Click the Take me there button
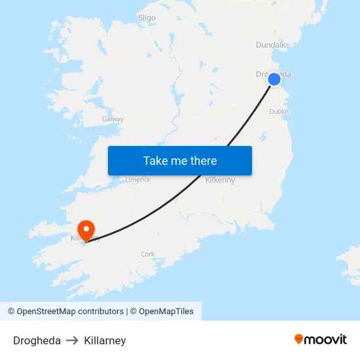click(x=180, y=160)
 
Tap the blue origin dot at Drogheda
click(x=274, y=79)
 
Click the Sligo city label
click(x=147, y=18)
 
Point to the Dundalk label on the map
click(x=270, y=45)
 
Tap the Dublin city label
click(x=279, y=112)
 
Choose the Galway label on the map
click(x=113, y=119)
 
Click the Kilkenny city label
click(x=220, y=180)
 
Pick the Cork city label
click(x=147, y=254)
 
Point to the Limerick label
click(x=138, y=179)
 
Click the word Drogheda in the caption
click(x=37, y=340)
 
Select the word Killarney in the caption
click(x=105, y=340)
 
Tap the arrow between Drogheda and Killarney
click(x=72, y=340)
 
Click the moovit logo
click(x=320, y=339)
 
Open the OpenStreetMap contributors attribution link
click(x=69, y=312)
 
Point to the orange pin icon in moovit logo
click(x=299, y=339)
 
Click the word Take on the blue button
click(x=154, y=160)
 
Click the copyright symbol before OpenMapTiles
click(x=133, y=312)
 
